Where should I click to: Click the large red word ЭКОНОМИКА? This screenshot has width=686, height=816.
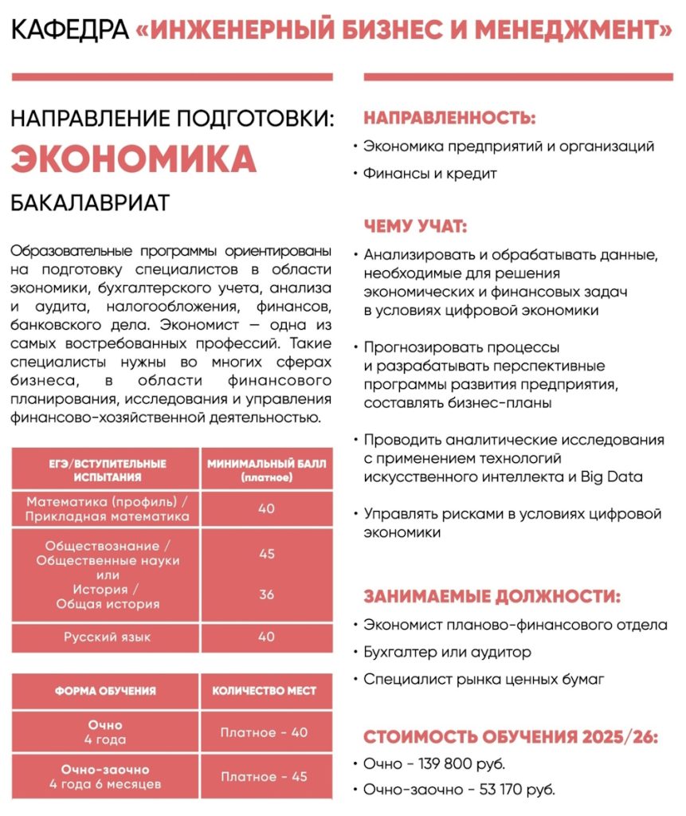(x=133, y=159)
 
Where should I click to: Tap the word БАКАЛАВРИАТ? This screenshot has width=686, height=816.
(x=90, y=202)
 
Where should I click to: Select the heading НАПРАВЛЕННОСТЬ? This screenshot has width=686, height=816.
(x=449, y=119)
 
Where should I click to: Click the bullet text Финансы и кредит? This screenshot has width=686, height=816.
(x=429, y=173)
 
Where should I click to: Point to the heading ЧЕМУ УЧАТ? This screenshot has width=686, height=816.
(x=414, y=226)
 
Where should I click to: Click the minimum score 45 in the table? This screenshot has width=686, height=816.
(x=267, y=553)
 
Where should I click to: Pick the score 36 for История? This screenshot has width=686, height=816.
(x=267, y=594)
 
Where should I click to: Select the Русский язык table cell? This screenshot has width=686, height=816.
(x=107, y=637)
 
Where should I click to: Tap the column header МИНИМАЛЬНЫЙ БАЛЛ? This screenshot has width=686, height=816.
(x=266, y=463)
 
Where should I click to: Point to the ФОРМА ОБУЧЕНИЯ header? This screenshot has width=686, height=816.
(x=105, y=691)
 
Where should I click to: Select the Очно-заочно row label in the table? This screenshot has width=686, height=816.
(x=105, y=769)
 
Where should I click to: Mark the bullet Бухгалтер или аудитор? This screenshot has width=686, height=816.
(x=447, y=653)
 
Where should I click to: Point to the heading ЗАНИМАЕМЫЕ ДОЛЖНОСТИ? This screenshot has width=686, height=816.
(x=492, y=597)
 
